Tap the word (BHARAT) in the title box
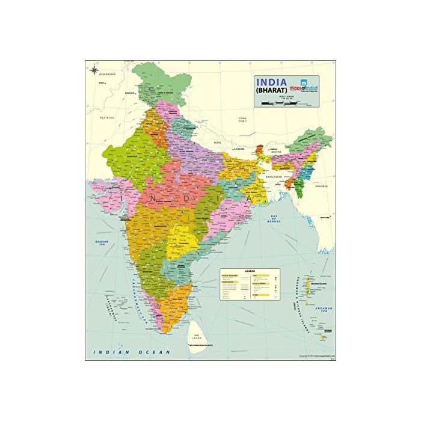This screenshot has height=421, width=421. [271, 92]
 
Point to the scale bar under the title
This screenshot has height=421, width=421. [283, 105]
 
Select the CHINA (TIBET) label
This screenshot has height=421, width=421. [242, 119]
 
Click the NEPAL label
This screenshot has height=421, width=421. [217, 143]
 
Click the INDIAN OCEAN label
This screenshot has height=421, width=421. [128, 351]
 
